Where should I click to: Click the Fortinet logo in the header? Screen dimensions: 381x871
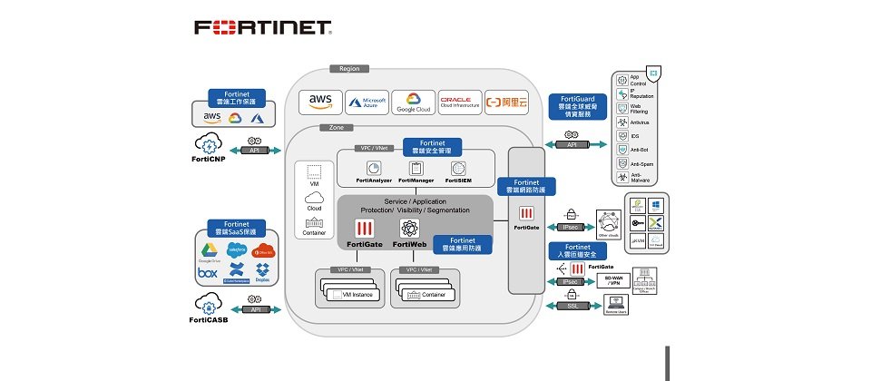[x=263, y=27]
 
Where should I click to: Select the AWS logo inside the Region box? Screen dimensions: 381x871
[x=321, y=101]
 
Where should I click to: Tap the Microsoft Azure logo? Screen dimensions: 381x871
[x=367, y=102]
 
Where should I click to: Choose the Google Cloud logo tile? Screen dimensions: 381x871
[x=414, y=102]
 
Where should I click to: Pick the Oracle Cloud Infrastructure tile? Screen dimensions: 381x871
[x=460, y=102]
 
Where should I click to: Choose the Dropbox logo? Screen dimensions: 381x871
[x=263, y=270]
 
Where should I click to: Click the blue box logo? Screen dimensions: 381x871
[x=208, y=271]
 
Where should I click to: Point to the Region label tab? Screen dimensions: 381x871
[x=349, y=68]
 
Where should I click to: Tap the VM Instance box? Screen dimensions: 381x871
[x=355, y=294]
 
